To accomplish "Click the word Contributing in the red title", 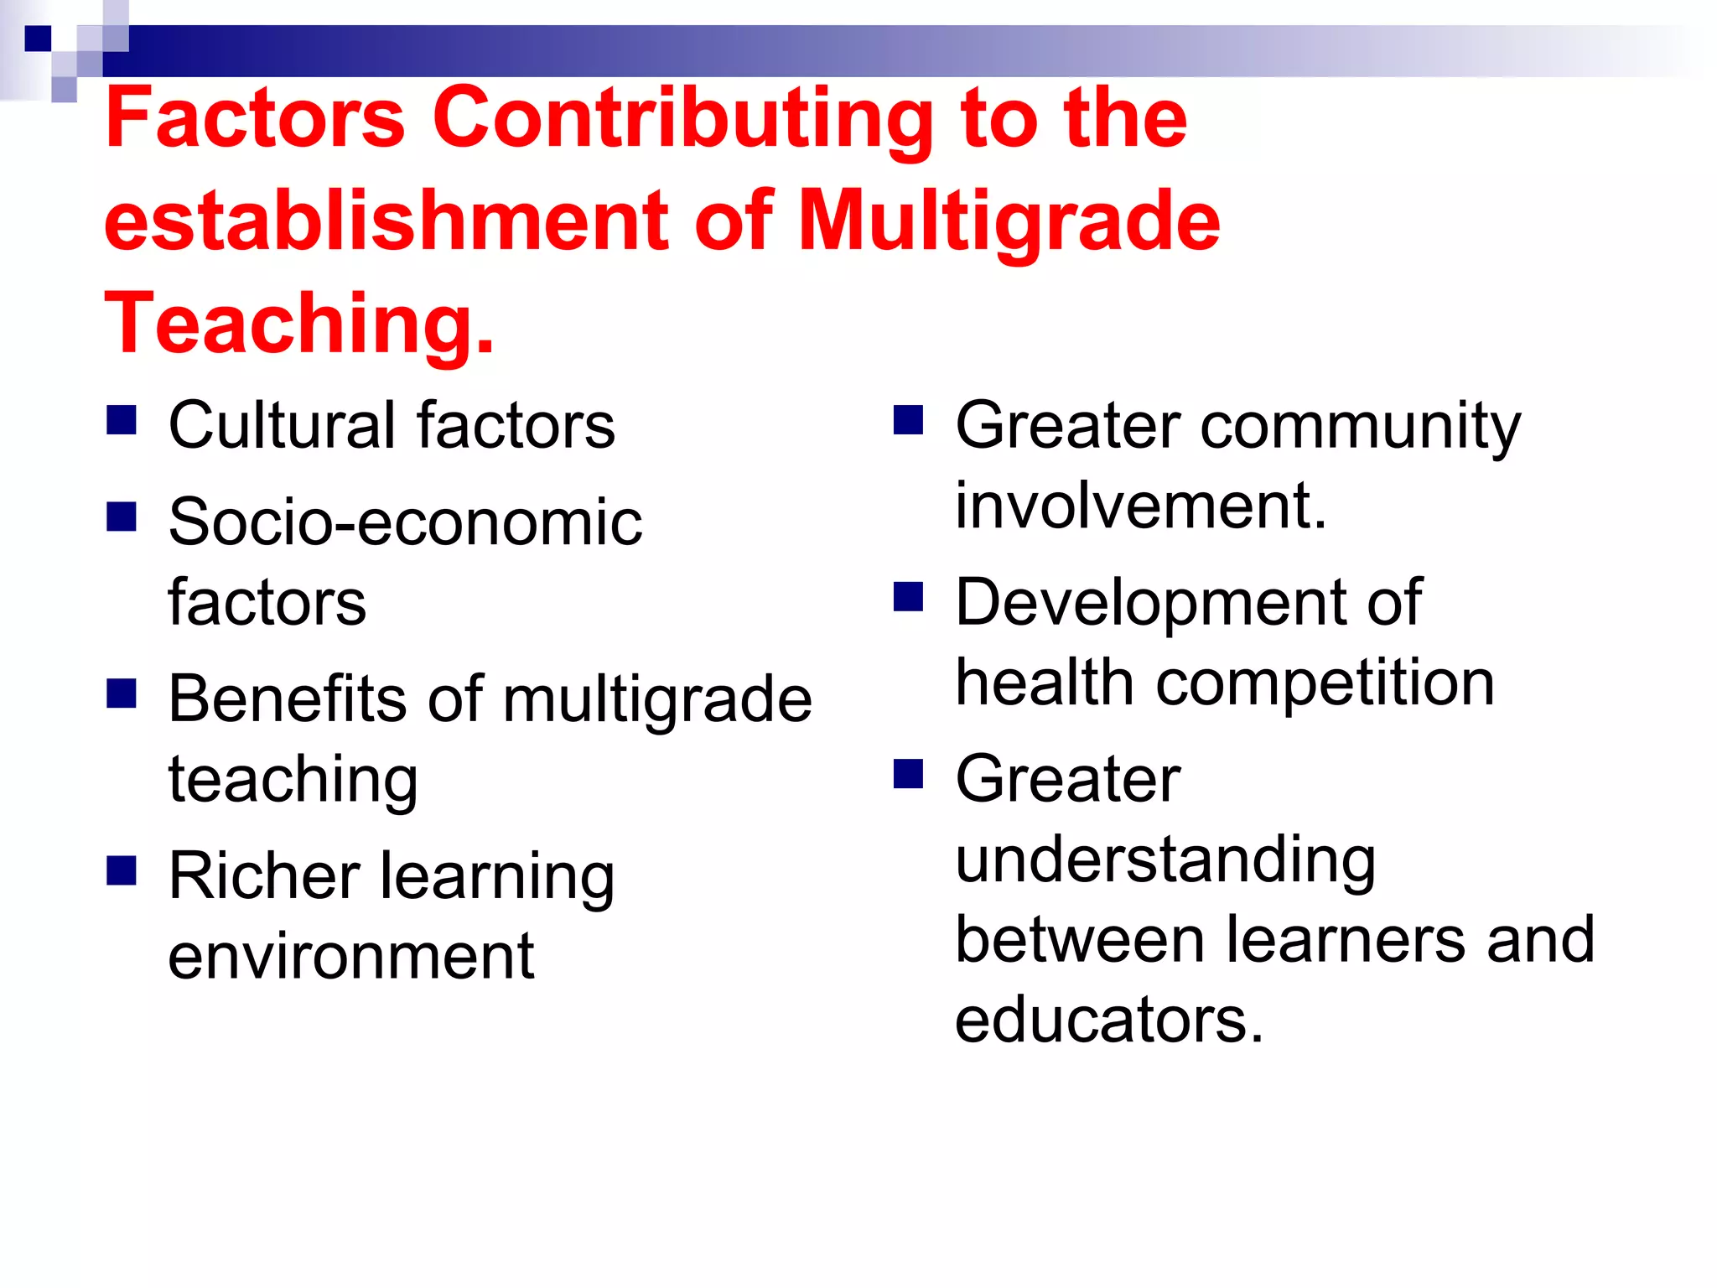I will point(682,119).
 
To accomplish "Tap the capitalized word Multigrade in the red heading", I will point(1009,221).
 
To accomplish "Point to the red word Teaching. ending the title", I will point(299,324).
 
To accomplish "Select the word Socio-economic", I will point(405,522).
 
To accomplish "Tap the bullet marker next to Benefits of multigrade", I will point(122,693).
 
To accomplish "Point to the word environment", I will point(350,957).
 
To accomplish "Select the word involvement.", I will point(1140,506).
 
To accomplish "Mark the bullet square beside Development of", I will point(908,596).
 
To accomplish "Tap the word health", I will point(1045,683).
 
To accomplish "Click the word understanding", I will point(1165,860).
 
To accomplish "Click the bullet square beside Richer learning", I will point(122,870).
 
